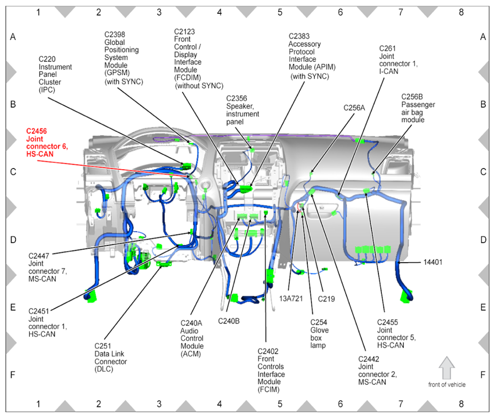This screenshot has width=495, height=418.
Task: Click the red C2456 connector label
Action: tap(47, 142)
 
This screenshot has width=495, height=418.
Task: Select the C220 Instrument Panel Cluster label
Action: tap(55, 75)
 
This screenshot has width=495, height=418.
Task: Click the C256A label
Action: tap(354, 108)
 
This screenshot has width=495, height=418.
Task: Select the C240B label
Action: tap(229, 321)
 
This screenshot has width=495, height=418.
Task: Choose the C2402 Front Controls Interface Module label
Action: tap(271, 370)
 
